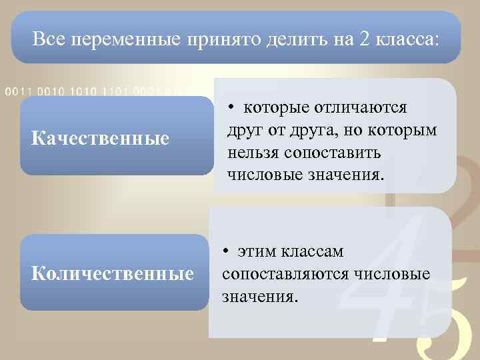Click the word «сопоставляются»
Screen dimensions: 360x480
tap(284, 273)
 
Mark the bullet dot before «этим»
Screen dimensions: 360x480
tap(227, 251)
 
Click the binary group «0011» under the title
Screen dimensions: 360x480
tap(17, 91)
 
